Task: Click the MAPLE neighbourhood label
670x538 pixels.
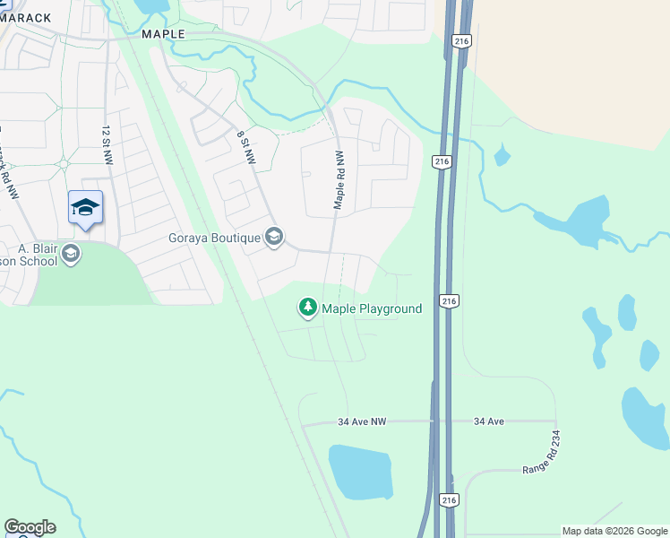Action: tap(163, 34)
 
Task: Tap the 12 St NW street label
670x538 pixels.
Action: tap(107, 143)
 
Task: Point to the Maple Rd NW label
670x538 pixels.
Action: tap(339, 179)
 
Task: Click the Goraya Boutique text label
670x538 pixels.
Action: tap(214, 238)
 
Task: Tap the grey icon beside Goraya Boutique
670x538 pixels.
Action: tap(274, 237)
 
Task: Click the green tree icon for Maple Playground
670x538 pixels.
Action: tap(308, 308)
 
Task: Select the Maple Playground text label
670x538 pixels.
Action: tap(372, 308)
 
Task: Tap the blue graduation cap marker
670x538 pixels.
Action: tap(85, 207)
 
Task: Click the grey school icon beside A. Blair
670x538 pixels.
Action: tap(72, 255)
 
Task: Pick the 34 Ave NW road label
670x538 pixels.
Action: tap(362, 421)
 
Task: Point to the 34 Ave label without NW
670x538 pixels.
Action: tap(492, 421)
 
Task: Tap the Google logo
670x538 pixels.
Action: tap(30, 527)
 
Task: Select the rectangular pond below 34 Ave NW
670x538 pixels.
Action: tap(360, 472)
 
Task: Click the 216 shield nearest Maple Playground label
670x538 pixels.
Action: tap(446, 301)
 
